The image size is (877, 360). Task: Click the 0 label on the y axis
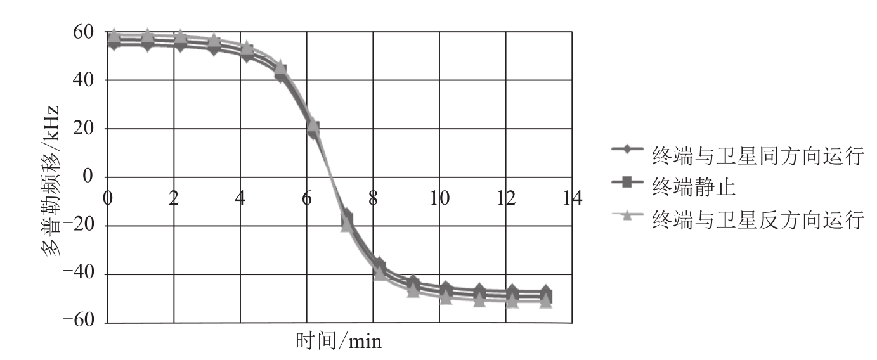[88, 177]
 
